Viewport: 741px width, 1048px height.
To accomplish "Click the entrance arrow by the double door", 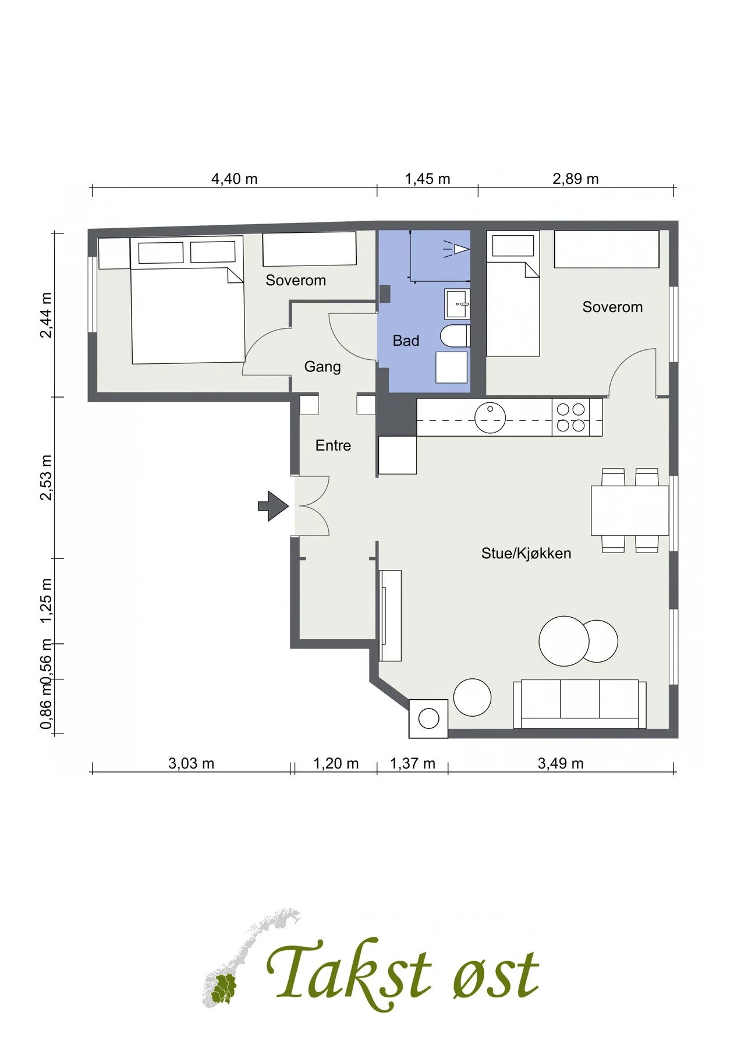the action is [274, 506].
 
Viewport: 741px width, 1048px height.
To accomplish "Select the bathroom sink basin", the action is [457, 303].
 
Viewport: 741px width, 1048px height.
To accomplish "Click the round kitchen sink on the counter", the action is [490, 417].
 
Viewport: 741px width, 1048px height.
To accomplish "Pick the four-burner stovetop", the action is [571, 417].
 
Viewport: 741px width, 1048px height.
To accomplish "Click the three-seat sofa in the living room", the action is [580, 703].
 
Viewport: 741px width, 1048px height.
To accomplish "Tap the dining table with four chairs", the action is [630, 510].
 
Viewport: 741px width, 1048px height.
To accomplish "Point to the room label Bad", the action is [406, 341].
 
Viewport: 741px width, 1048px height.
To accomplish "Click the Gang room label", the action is [322, 367].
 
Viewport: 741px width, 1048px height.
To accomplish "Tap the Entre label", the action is [333, 445].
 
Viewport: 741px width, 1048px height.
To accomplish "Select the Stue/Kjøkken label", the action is [526, 553].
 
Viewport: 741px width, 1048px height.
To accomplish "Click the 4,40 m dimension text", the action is [234, 179].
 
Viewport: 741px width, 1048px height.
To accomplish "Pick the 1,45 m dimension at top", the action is [427, 179].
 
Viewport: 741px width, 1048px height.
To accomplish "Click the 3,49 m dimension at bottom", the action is [561, 763].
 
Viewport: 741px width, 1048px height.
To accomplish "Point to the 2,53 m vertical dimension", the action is [46, 477].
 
